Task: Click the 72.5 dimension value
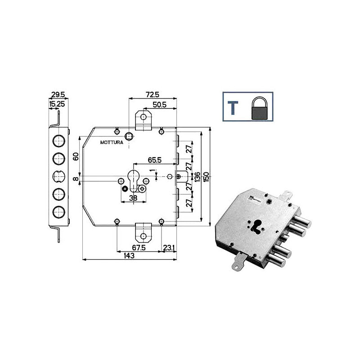point(152,95)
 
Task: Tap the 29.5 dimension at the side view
point(58,95)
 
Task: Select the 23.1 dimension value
point(170,247)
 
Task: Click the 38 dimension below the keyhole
point(133,198)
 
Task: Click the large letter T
point(234,108)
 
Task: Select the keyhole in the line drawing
point(134,178)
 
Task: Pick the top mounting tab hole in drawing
point(143,117)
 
